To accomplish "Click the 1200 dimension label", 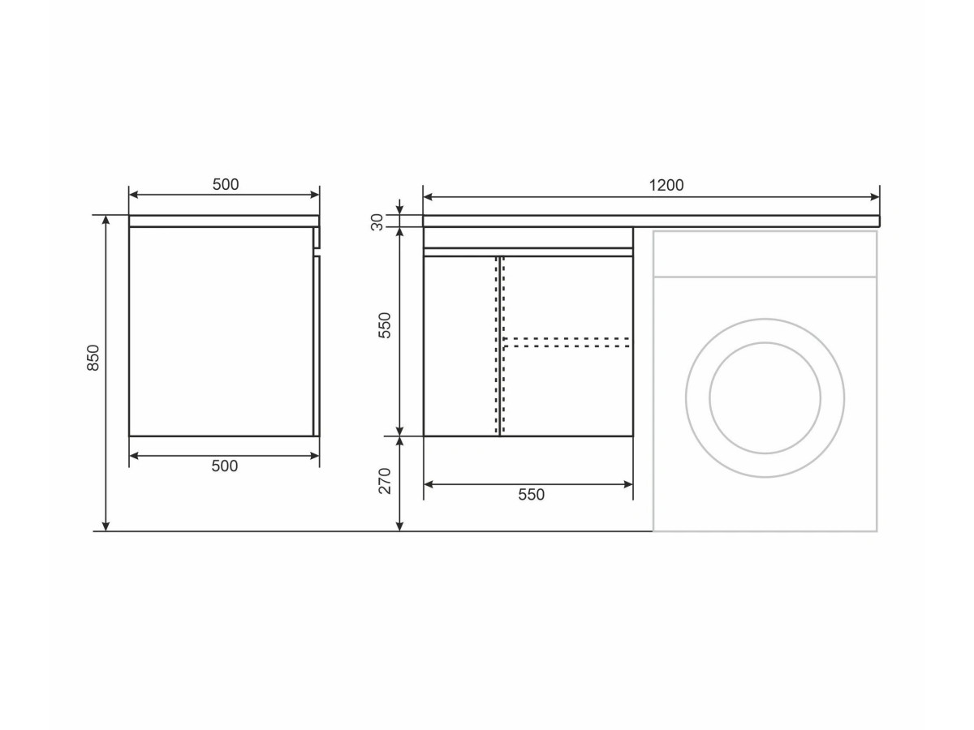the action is click(666, 185).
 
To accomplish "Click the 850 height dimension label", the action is click(93, 357).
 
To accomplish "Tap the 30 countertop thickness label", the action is click(377, 222).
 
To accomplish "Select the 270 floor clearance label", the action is click(385, 481).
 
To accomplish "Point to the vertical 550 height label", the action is click(385, 325).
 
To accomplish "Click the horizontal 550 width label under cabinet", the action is click(531, 494).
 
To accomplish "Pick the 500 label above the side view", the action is click(226, 184).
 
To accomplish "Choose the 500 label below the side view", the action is click(225, 466).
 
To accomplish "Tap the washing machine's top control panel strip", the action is click(765, 254).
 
